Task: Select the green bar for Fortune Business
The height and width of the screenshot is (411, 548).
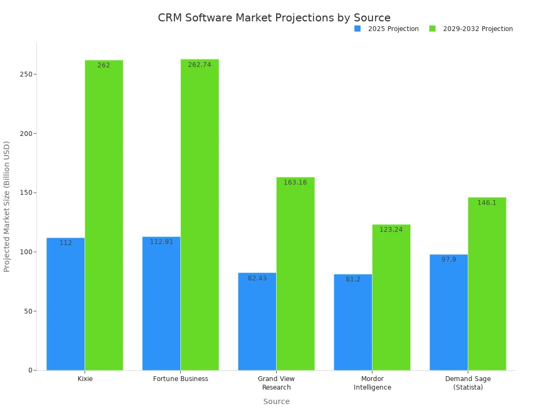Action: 200,215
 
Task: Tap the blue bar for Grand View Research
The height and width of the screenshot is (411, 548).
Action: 257,322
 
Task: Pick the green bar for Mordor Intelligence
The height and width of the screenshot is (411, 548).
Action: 391,298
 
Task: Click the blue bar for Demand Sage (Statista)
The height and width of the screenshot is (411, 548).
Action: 448,313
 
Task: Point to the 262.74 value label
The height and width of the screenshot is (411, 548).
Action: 199,65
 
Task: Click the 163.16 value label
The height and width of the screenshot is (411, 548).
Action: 295,182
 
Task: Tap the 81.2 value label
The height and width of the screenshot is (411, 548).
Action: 353,279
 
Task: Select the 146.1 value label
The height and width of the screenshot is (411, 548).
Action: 487,203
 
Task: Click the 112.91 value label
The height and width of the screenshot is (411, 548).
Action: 161,242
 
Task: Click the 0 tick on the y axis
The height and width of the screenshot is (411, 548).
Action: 32,370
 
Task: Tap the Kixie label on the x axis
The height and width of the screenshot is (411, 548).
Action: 85,379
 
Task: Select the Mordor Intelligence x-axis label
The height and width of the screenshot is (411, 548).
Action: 372,383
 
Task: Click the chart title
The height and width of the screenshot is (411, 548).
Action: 274,18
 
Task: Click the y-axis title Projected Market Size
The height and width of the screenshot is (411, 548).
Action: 7,206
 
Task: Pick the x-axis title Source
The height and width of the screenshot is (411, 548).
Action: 276,401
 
